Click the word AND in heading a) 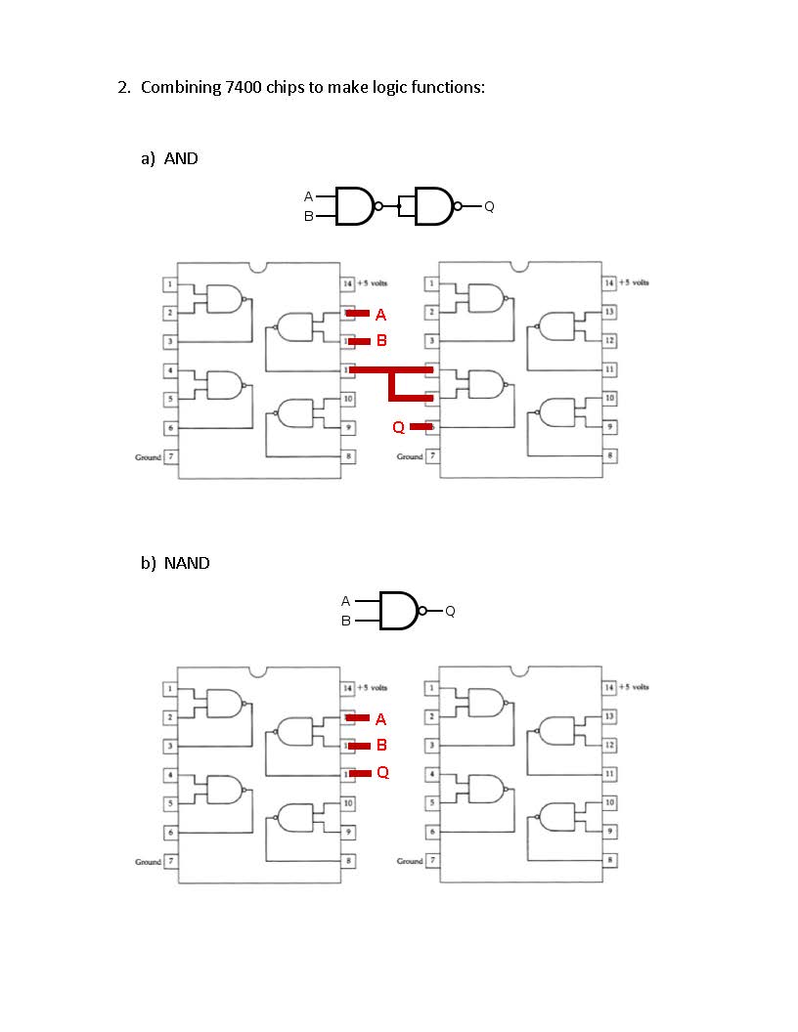point(181,158)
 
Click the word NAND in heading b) point(187,563)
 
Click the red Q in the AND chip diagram point(398,427)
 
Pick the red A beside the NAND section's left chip point(380,719)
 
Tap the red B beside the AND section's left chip point(381,341)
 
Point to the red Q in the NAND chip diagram point(382,772)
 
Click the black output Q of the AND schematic point(489,206)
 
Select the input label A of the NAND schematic point(345,601)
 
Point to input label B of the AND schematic point(308,217)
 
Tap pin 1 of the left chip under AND point(170,284)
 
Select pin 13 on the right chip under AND point(609,312)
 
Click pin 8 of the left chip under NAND point(347,861)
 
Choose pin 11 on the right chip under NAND point(609,773)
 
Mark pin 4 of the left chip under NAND point(170,775)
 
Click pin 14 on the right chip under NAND point(609,688)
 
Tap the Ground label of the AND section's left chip point(148,456)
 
